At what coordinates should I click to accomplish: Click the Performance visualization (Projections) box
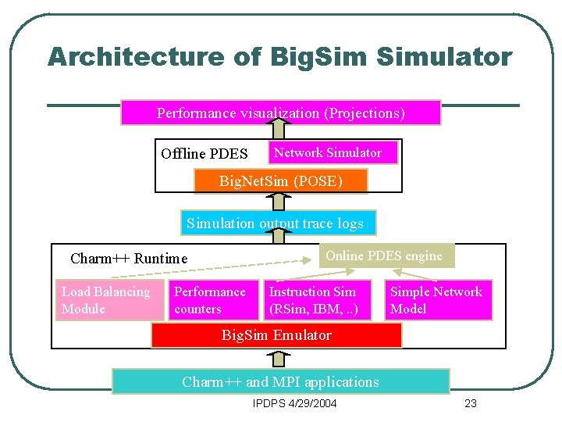(280, 113)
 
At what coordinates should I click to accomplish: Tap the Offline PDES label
(204, 153)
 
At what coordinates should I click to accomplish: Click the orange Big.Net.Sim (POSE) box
(280, 181)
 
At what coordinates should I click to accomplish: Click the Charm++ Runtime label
(129, 259)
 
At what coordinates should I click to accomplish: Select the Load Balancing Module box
(109, 300)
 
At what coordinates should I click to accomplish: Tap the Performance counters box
(214, 300)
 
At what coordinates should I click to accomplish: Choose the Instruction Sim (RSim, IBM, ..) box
(317, 300)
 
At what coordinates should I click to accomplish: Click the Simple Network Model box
(440, 300)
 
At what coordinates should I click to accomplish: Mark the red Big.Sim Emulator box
(276, 335)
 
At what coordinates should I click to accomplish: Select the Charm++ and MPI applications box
(280, 381)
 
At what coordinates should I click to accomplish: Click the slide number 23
(470, 403)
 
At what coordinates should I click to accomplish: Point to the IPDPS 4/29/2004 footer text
(295, 403)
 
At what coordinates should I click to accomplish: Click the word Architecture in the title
(135, 57)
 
